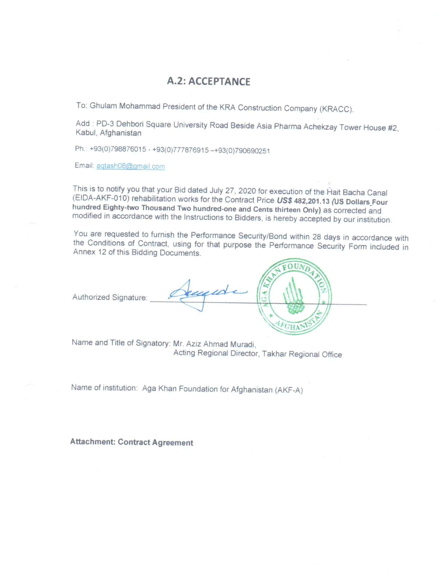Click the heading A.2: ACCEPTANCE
pos(209,81)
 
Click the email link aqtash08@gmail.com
pos(131,167)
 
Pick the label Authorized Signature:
pos(110,297)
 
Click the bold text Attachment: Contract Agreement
pos(132,442)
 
